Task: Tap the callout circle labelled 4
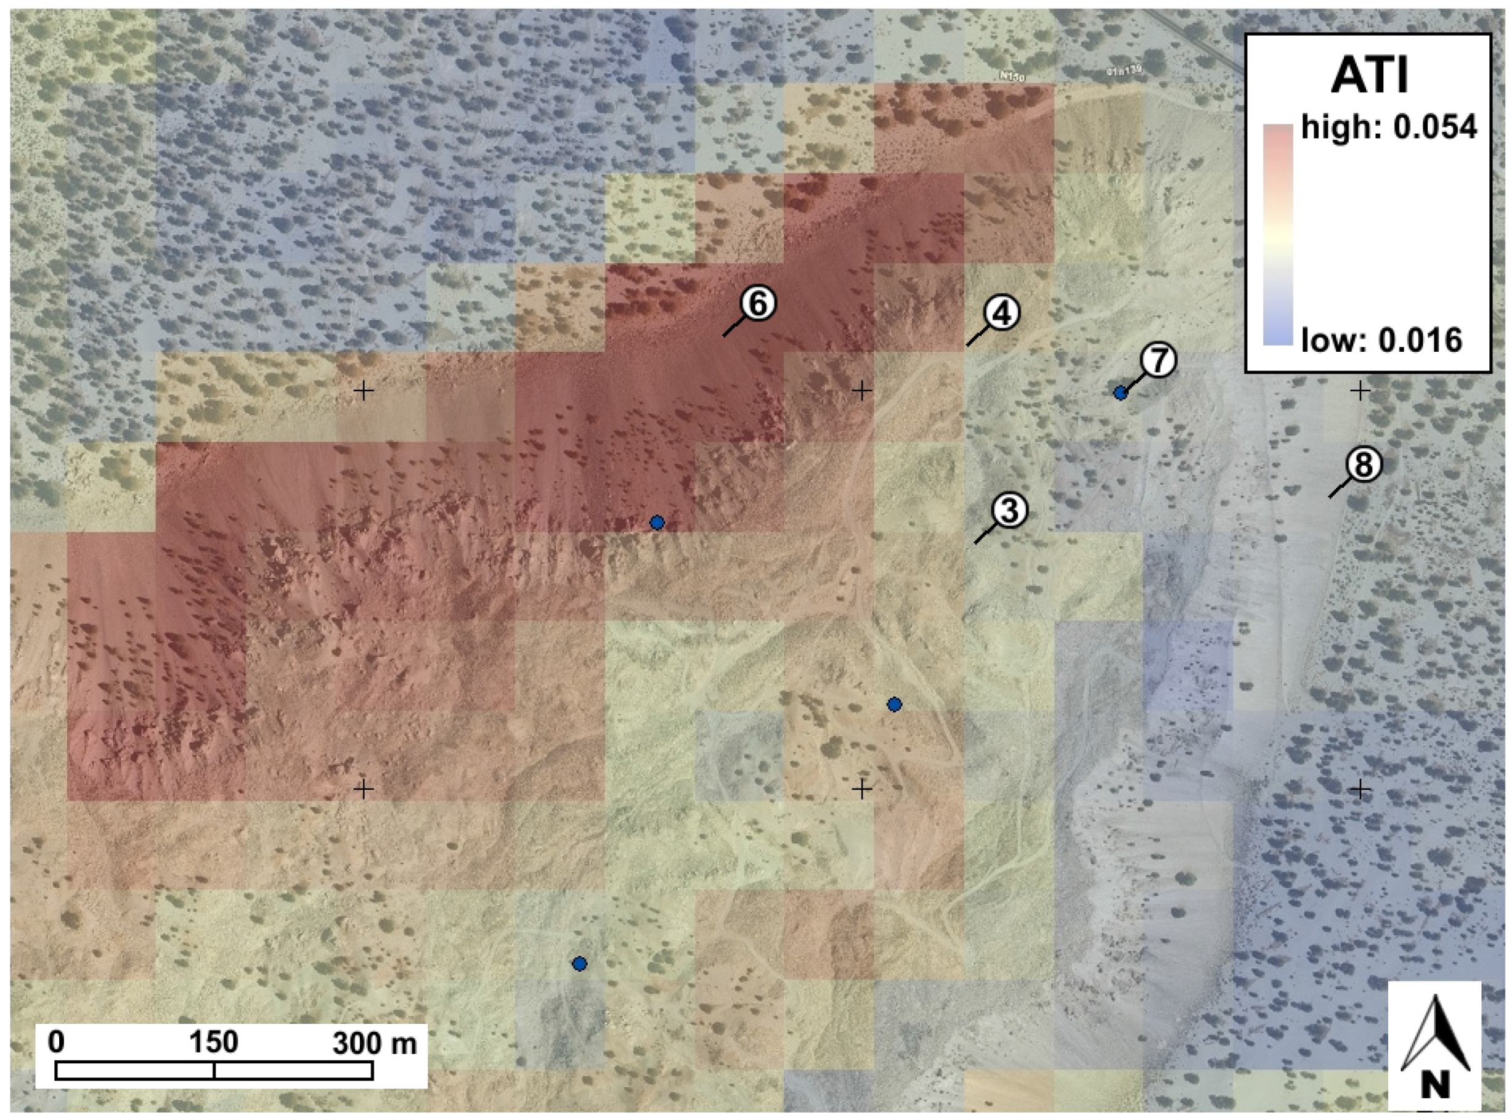pyautogui.click(x=1001, y=313)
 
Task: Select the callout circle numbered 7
pyautogui.click(x=1158, y=360)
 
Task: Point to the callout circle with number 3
pyautogui.click(x=1009, y=510)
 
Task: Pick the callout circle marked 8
pyautogui.click(x=1362, y=465)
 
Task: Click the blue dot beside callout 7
pyautogui.click(x=1121, y=392)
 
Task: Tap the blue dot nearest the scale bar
pyautogui.click(x=579, y=964)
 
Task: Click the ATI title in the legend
pyautogui.click(x=1369, y=76)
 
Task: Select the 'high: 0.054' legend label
pyautogui.click(x=1388, y=127)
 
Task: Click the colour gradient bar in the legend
pyautogui.click(x=1278, y=235)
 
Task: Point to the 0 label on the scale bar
pyautogui.click(x=57, y=1042)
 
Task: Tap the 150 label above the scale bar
pyautogui.click(x=214, y=1042)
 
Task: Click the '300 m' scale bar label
pyautogui.click(x=374, y=1043)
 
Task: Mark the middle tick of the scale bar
pyautogui.click(x=214, y=1071)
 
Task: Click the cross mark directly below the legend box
pyautogui.click(x=1360, y=391)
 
